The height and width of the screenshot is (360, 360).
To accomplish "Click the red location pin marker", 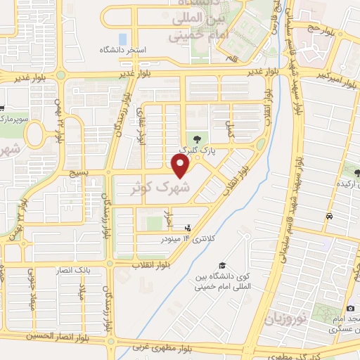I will (x=181, y=165).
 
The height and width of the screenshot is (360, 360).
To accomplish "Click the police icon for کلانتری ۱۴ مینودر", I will (x=187, y=229).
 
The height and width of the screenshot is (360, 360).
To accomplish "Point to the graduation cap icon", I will (x=222, y=266).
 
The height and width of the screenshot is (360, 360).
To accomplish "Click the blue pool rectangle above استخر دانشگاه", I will (x=123, y=39).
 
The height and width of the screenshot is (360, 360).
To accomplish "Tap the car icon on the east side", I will (x=329, y=217).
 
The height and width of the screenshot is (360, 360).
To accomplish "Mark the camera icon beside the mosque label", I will (x=350, y=309).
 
